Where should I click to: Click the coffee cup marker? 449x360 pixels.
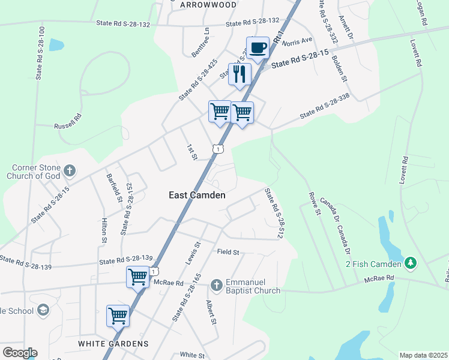tap(258, 48)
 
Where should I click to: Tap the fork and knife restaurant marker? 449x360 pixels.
tap(240, 74)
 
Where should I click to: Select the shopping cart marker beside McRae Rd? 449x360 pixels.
tap(137, 277)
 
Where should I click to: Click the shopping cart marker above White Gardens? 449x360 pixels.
tap(118, 316)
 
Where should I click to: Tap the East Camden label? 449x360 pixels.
tap(197, 195)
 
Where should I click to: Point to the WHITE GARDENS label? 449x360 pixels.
tap(113, 344)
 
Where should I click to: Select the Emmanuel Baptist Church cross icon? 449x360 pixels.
tap(216, 283)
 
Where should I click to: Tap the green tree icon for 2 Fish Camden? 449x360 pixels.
tap(411, 263)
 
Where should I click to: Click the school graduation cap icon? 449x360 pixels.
tap(42, 310)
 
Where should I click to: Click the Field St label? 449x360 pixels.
tap(228, 253)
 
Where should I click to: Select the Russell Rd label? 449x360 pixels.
tap(67, 122)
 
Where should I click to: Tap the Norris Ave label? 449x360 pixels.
tap(298, 41)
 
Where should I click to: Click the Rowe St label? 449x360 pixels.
tap(313, 202)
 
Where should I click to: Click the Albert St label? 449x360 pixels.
tap(211, 313)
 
